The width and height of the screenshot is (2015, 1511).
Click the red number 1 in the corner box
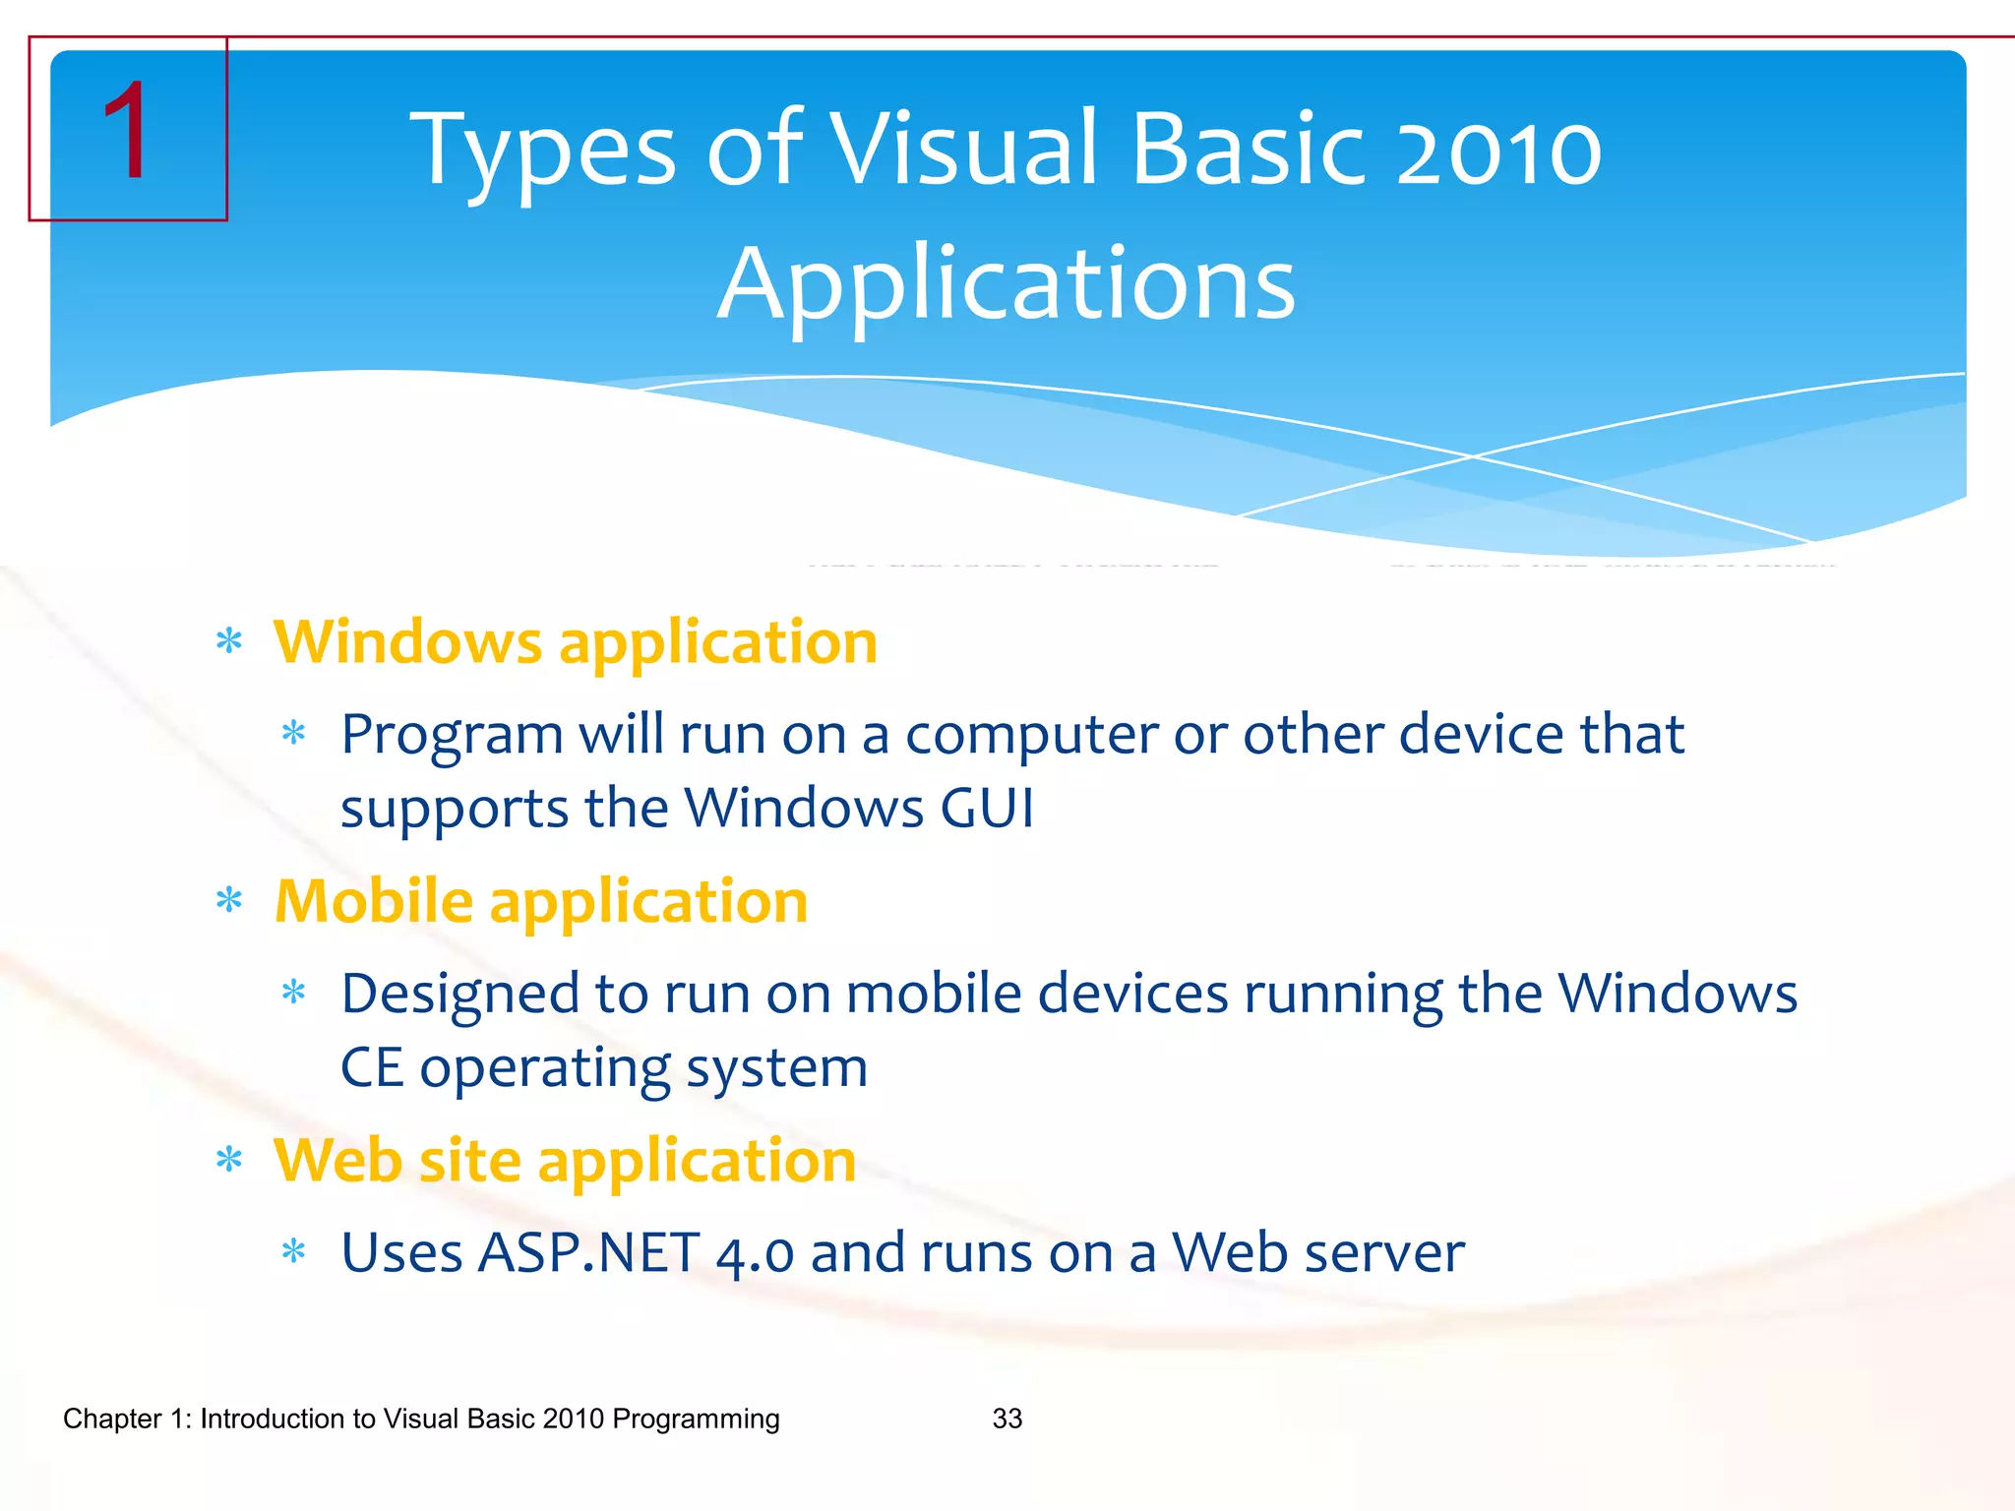click(127, 132)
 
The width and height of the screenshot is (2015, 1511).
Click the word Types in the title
click(542, 150)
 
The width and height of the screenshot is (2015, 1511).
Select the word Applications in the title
click(1007, 284)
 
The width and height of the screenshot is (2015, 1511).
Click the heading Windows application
click(576, 642)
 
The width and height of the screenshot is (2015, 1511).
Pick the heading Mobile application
click(541, 901)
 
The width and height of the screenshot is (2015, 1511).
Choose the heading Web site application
click(565, 1161)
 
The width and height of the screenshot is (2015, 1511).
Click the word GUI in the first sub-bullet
click(987, 809)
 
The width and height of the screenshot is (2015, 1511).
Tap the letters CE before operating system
click(372, 1068)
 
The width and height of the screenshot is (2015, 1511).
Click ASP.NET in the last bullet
click(588, 1253)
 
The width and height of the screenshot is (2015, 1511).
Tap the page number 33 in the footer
click(1007, 1419)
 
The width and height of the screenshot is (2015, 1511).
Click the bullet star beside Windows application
click(229, 642)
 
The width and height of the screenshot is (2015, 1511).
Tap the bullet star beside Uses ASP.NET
click(294, 1252)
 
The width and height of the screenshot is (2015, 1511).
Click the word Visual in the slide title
click(963, 150)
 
